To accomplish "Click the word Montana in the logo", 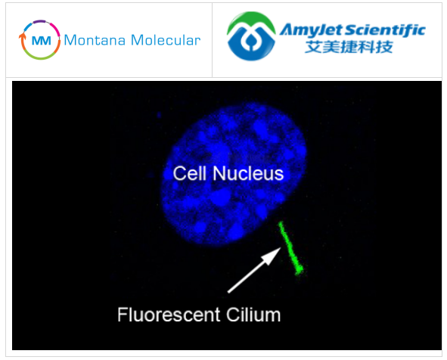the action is [x=95, y=40].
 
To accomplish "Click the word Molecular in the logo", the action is [x=166, y=40].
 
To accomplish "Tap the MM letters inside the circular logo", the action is [x=42, y=41].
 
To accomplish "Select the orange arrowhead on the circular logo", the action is [x=22, y=36].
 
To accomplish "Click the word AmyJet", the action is [x=312, y=29].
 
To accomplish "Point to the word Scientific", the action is [x=386, y=29].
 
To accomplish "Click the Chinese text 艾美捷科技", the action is [x=349, y=47].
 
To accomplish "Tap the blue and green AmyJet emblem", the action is [x=251, y=36].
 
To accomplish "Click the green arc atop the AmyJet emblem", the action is [x=251, y=18].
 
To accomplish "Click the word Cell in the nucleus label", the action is [x=189, y=173].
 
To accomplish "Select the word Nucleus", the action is [x=248, y=173].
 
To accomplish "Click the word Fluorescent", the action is [x=169, y=315].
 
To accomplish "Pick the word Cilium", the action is [x=253, y=315].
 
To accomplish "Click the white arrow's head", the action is [x=272, y=255].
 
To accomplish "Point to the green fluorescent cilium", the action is [x=290, y=248].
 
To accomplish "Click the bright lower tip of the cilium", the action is [x=299, y=270].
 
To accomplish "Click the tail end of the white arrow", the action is [x=228, y=292].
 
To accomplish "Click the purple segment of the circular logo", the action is [x=40, y=21].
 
